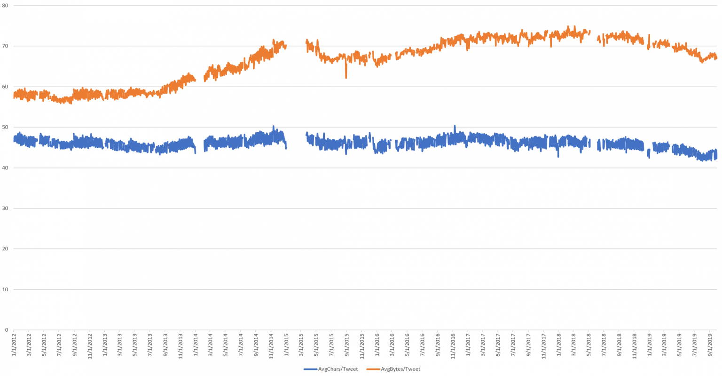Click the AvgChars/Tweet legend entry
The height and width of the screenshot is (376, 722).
(337, 369)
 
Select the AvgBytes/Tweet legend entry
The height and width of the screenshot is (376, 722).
(400, 369)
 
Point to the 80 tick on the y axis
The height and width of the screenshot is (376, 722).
(5, 6)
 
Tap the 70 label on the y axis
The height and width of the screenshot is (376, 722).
(5, 46)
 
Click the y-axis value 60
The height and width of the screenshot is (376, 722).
(5, 87)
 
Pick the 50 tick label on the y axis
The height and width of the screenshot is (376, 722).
(5, 127)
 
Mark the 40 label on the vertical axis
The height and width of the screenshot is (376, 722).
(5, 168)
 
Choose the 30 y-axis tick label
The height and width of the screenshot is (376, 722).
(5, 208)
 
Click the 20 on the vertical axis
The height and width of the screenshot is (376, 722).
(5, 248)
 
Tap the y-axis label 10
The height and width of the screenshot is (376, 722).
(5, 289)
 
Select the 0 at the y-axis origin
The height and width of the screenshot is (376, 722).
(7, 329)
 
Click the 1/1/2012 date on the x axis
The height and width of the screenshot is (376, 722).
(14, 346)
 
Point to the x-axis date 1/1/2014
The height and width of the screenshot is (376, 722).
(196, 346)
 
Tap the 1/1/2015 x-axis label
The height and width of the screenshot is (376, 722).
(286, 346)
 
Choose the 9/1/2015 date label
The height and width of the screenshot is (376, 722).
(346, 346)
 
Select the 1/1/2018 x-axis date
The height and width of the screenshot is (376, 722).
(558, 346)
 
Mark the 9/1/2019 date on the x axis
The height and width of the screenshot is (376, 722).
(710, 346)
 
